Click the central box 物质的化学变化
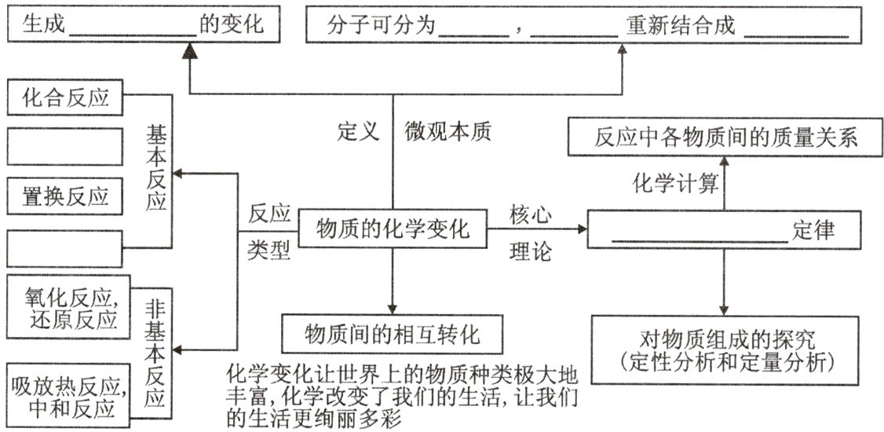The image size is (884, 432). tap(392, 229)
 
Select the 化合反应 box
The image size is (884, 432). tap(64, 98)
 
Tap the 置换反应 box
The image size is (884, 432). tap(64, 196)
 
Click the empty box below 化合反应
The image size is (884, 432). tap(64, 147)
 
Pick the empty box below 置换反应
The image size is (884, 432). tap(64, 248)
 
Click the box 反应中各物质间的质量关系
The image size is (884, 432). tap(726, 137)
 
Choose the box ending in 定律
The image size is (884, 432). tap(726, 231)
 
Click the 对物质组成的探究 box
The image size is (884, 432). tap(726, 350)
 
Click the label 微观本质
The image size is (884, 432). tap(447, 131)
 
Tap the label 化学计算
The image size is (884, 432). tap(675, 184)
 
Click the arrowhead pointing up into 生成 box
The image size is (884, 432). tap(189, 51)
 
